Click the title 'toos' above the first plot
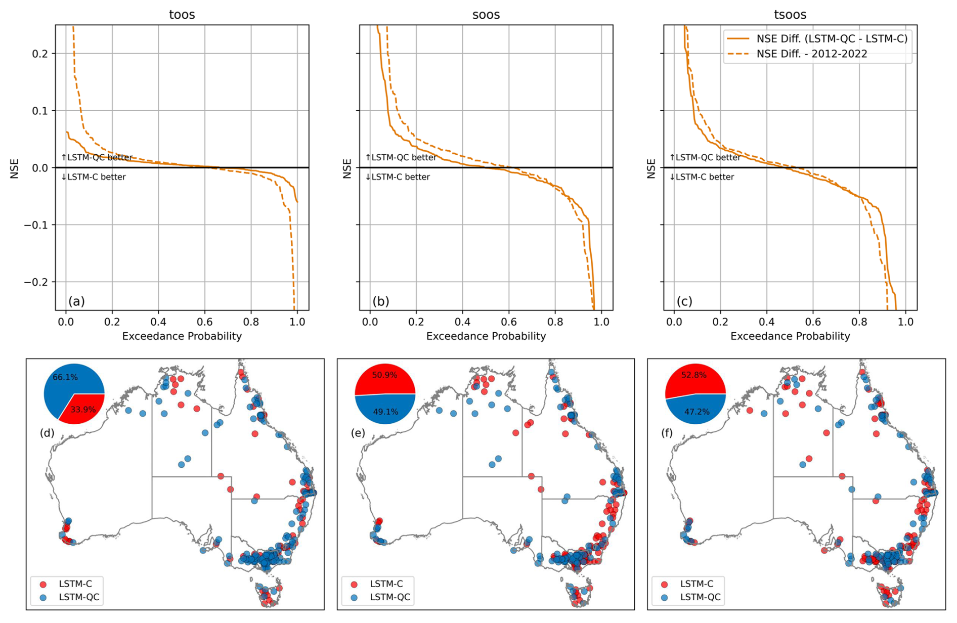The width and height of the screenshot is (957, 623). coord(182,15)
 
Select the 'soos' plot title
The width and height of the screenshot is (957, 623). coord(486,15)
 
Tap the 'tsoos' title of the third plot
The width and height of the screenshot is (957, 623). coord(790,15)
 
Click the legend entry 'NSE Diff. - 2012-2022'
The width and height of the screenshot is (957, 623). coord(811,54)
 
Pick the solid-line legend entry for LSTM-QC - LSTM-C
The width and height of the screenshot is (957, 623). coord(832,38)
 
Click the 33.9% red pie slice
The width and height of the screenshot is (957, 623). coord(83,408)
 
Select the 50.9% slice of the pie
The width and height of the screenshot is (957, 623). coord(385,377)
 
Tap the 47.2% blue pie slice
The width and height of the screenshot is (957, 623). coord(697,411)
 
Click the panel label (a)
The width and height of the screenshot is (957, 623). coord(76,302)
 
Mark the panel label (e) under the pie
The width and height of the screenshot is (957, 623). coord(358,433)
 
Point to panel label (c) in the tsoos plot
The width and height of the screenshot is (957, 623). coord(684,302)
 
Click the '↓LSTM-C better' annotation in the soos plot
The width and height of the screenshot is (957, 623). coord(398,177)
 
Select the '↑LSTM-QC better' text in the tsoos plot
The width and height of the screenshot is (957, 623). coord(705,157)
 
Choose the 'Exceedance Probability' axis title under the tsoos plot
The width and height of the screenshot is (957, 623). coord(790,336)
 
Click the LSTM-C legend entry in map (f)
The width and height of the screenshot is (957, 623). coord(696,584)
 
